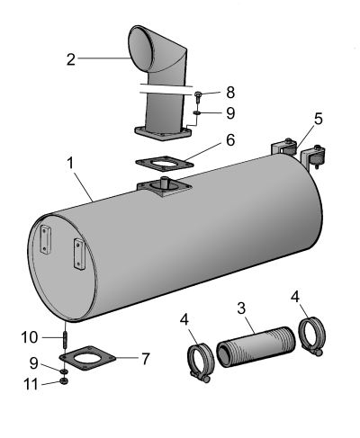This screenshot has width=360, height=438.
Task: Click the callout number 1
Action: (70, 164)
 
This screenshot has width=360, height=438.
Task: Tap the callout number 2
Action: (71, 59)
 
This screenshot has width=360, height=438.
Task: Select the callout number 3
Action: (241, 308)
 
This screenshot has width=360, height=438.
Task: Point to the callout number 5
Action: (319, 119)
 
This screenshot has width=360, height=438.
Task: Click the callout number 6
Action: (230, 140)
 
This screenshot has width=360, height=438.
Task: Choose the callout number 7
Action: (146, 359)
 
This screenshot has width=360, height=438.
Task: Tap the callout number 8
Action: (230, 93)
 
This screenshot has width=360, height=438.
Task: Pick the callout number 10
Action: (30, 337)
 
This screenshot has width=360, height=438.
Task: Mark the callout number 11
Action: (31, 384)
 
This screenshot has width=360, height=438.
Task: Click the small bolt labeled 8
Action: (198, 95)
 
